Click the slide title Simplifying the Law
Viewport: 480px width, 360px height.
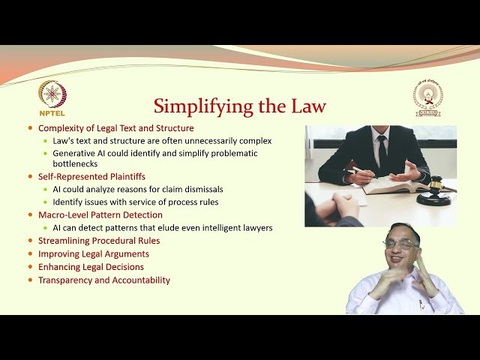pos(240,106)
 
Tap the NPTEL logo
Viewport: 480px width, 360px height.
pos(52,97)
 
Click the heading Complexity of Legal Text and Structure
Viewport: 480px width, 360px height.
pos(115,128)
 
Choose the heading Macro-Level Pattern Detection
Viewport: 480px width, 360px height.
pos(100,215)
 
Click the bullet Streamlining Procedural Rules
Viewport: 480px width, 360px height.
pos(99,241)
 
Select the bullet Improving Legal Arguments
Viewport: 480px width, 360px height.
pos(93,254)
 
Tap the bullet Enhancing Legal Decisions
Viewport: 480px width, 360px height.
pos(91,267)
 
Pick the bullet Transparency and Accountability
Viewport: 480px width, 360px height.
pos(104,280)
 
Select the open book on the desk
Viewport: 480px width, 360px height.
pos(393,184)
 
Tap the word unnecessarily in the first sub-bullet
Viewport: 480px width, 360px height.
pos(178,140)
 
